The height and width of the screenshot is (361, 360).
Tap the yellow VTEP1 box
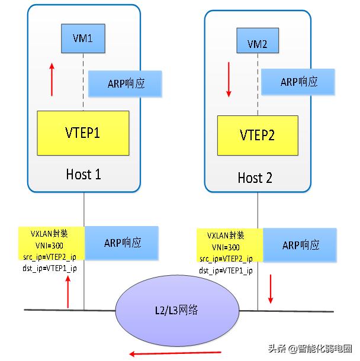[x=83, y=133]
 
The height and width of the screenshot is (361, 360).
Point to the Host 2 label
[x=255, y=177]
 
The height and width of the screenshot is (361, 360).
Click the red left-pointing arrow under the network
[x=175, y=353]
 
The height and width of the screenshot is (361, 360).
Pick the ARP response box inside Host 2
[x=298, y=82]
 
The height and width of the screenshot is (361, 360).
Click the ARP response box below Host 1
[x=122, y=242]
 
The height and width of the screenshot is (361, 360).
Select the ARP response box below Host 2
[x=299, y=245]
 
